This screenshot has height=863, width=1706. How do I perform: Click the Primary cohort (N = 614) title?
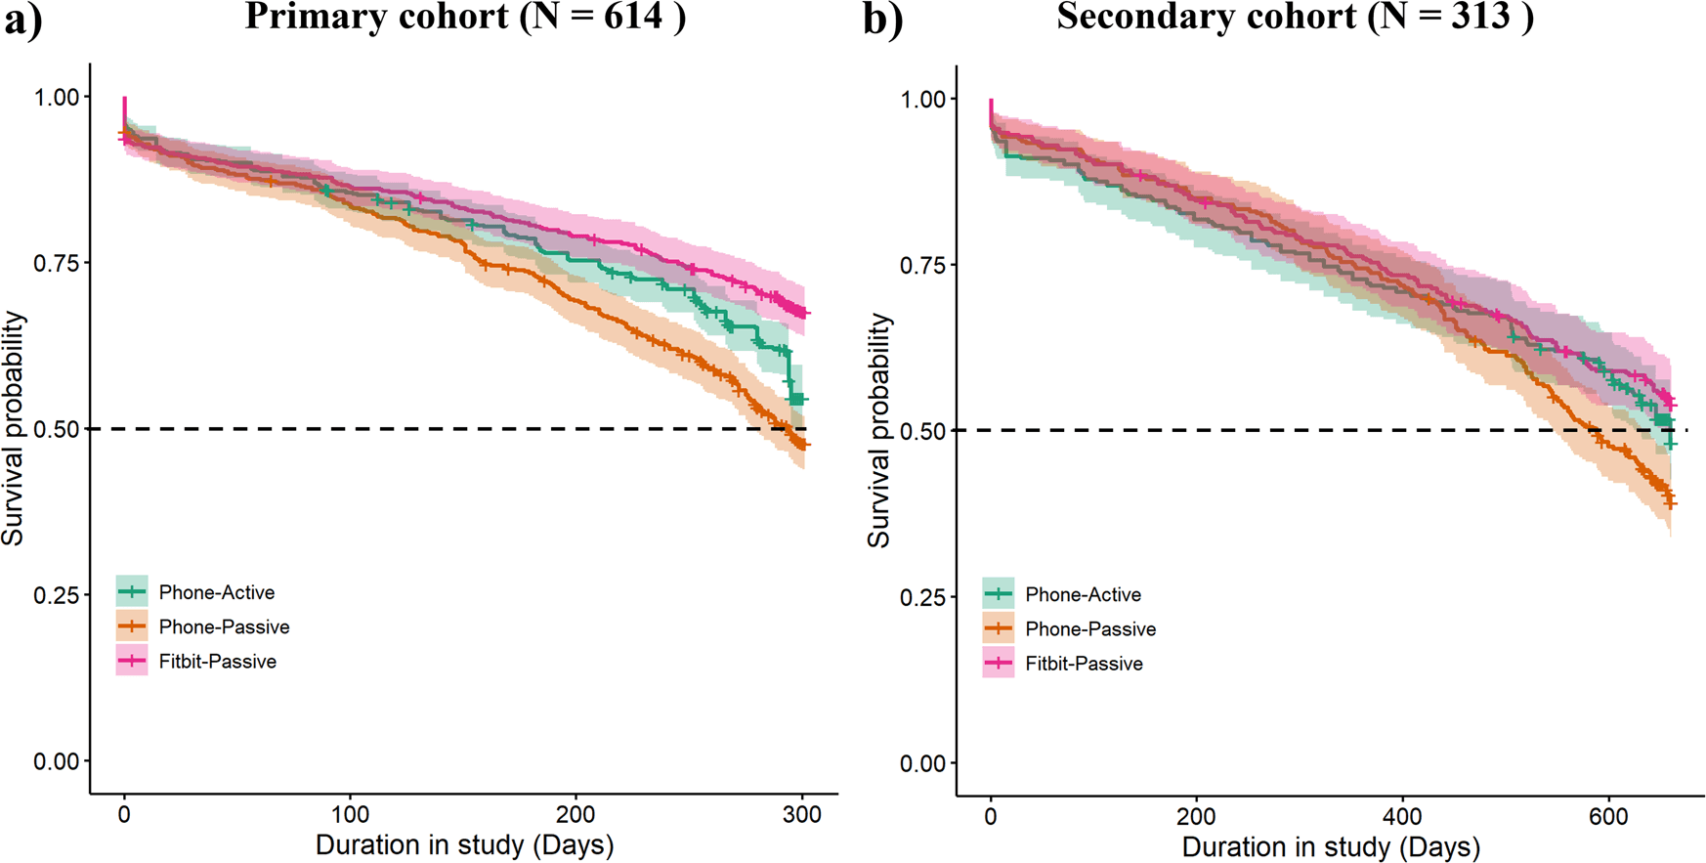click(465, 17)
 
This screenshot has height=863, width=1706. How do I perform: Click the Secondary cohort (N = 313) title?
click(1295, 17)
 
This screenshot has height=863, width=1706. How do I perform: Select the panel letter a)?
click(22, 21)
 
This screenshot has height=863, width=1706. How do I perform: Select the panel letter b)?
click(882, 21)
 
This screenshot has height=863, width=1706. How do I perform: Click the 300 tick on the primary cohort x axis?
click(802, 815)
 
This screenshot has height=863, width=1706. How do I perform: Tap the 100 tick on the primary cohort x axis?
click(350, 815)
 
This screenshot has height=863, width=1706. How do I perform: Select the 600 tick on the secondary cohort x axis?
click(1608, 817)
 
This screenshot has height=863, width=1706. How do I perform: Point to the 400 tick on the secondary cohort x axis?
click(1402, 817)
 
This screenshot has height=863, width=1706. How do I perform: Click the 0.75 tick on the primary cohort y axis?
click(57, 263)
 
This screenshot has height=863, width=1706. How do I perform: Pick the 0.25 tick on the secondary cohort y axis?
click(923, 597)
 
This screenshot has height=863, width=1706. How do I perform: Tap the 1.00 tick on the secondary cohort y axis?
click(923, 99)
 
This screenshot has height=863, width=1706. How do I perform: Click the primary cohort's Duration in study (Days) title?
click(464, 844)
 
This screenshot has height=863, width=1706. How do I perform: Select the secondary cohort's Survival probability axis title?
click(879, 430)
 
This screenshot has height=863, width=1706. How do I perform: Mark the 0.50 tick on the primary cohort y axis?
click(57, 429)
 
